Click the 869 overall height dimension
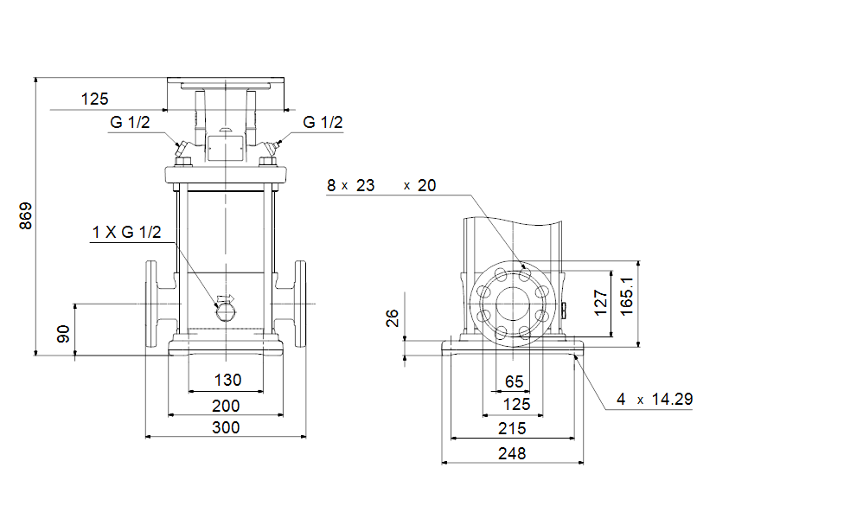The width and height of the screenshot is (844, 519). pos(26,216)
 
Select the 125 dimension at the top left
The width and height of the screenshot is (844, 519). pos(95,99)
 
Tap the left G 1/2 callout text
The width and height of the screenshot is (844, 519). pos(130,122)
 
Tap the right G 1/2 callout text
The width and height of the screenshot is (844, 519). pos(323,122)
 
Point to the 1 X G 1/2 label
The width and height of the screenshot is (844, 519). pos(126,232)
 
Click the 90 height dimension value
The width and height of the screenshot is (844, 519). pos(63,334)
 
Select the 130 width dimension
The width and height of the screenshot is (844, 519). pos(227,380)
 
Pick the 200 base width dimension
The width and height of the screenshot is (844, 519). pos(226,406)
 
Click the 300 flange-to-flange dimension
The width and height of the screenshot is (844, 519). pos(226,427)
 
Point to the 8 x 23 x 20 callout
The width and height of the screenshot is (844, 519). pos(381,185)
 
